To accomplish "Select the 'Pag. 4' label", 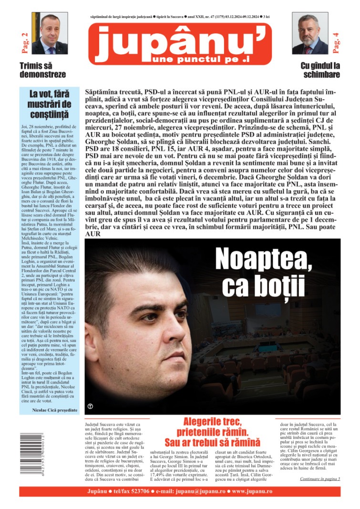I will tap(336, 41).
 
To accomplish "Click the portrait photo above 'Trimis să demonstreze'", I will tap(50, 33).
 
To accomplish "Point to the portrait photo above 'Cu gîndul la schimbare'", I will tap(310, 33).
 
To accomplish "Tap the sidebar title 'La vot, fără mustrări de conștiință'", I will tap(50, 104).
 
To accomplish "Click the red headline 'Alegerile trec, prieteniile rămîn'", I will tap(213, 432).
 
